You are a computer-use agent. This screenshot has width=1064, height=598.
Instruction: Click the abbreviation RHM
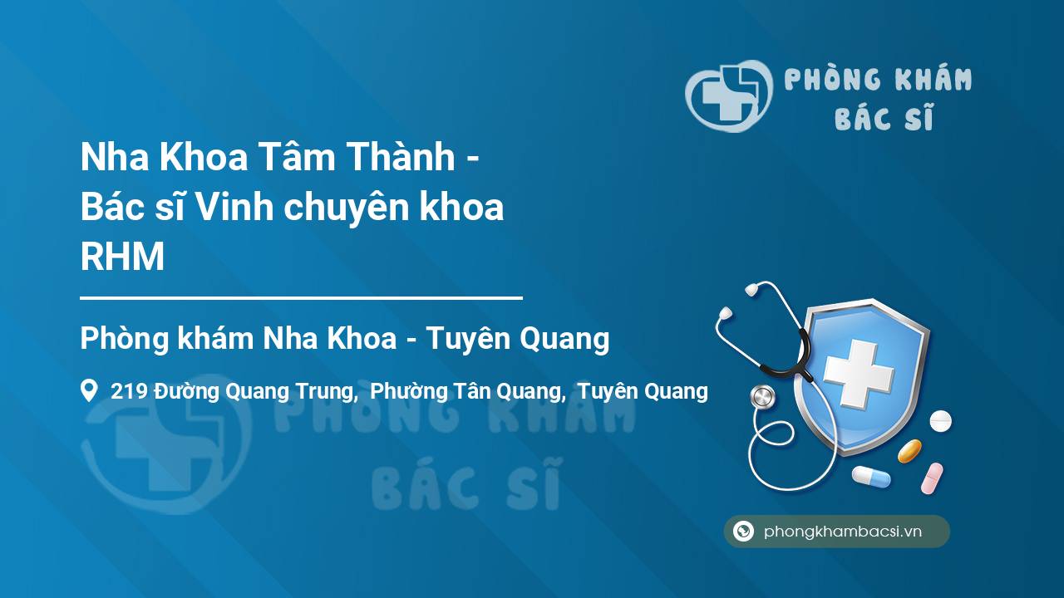pos(122,258)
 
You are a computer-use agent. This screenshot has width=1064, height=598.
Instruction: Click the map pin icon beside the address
pos(89,390)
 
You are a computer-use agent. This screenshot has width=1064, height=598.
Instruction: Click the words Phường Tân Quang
pos(466,391)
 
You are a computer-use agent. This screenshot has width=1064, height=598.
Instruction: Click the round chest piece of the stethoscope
pos(761,397)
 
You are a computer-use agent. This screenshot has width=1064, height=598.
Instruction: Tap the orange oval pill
pos(909,451)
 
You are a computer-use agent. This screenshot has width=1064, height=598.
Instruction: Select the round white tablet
pos(940,421)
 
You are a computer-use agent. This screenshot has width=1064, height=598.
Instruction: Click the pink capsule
pos(932,478)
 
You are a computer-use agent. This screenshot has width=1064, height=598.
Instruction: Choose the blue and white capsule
pos(870,477)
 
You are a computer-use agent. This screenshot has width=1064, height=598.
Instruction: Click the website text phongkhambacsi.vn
pos(843,532)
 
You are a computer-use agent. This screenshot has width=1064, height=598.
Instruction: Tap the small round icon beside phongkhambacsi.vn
pos(743,532)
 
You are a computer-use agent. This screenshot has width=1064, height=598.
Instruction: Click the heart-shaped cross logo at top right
pos(727,96)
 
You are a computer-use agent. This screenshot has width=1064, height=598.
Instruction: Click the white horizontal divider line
pos(301,297)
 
